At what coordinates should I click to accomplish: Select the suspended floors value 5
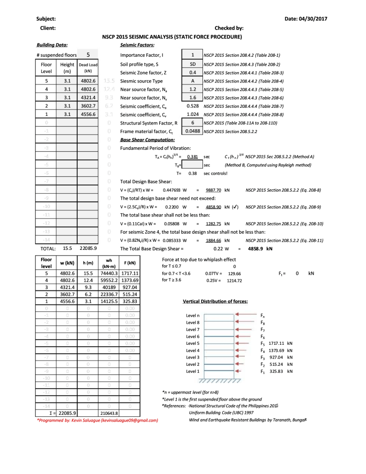coord(89,55)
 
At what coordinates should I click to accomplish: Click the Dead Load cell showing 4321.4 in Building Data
coord(88,97)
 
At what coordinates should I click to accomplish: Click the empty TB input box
coord(193,165)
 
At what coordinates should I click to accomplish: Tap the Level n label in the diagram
coord(193,316)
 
